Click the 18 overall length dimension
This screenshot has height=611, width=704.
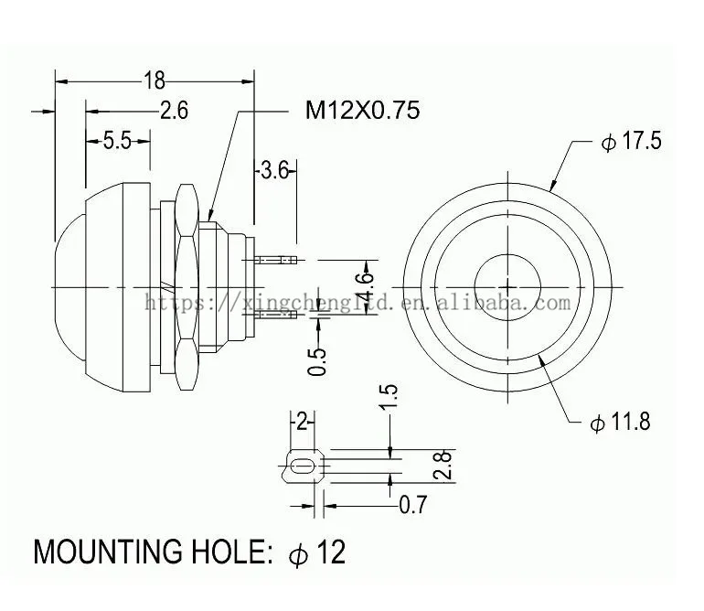click(154, 80)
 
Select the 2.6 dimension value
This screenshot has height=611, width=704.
click(173, 111)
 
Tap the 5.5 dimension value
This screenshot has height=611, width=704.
click(117, 141)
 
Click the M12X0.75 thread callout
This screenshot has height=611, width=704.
click(362, 111)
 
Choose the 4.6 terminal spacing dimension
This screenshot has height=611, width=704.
click(365, 288)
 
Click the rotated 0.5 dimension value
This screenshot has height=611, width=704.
click(317, 360)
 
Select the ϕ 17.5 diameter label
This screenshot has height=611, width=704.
click(631, 142)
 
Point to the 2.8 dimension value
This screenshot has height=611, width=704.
click(442, 466)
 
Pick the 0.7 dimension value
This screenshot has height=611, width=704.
click(413, 504)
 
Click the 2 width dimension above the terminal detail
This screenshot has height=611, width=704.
click(303, 422)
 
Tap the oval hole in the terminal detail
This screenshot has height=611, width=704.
click(303, 468)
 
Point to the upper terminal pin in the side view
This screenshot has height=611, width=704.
click(278, 261)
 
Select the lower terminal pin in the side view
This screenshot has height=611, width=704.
click(278, 316)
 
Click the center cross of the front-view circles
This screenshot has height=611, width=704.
click(507, 287)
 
